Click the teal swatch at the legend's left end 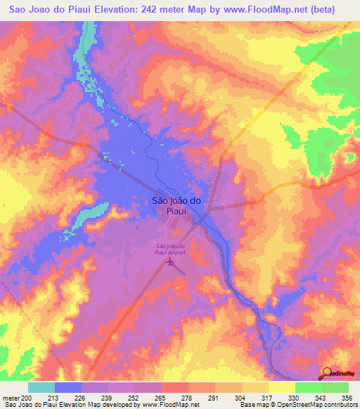[41, 387]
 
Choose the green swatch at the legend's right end [335, 387]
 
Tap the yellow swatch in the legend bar [282, 387]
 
